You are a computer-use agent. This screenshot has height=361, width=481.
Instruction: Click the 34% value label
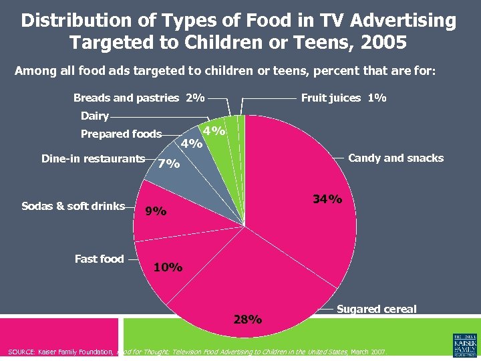point(327,199)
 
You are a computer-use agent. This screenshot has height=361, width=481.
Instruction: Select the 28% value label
point(247,319)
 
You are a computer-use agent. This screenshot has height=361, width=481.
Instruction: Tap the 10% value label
point(168,267)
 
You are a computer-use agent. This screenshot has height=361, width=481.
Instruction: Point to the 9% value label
point(156,211)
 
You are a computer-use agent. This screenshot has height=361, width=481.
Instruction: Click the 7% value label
point(168,163)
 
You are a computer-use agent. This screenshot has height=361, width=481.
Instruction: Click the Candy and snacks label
point(395,158)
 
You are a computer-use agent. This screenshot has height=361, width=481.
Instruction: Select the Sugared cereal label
point(376,309)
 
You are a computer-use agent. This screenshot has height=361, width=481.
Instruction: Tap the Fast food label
point(99,259)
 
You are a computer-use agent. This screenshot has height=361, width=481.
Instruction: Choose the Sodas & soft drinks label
point(73,206)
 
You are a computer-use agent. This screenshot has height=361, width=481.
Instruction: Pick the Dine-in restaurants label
point(93,158)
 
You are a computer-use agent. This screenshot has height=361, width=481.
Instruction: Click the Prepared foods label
point(121,134)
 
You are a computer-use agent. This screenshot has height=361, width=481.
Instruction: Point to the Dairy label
point(94,116)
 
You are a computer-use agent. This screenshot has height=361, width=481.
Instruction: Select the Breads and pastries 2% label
point(139,98)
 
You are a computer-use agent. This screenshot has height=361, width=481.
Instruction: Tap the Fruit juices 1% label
point(343,98)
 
